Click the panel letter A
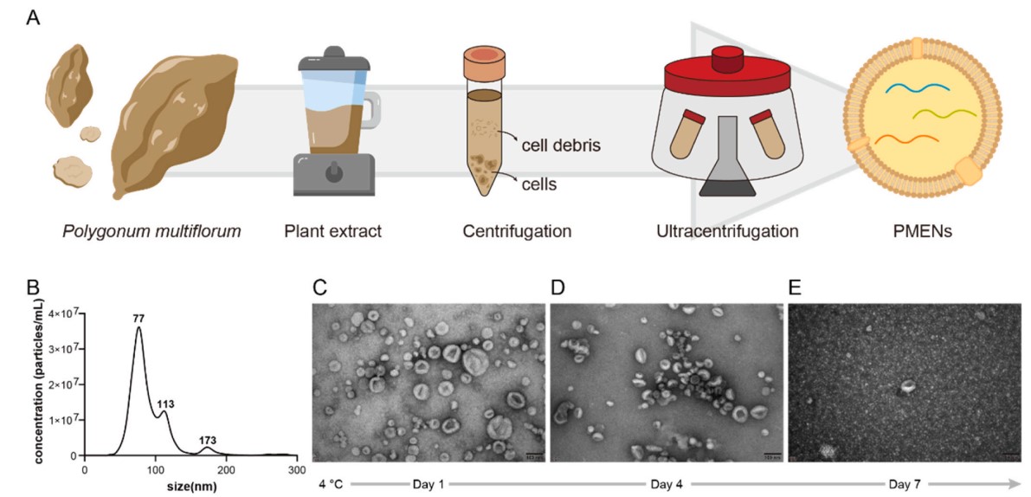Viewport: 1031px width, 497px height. [32, 17]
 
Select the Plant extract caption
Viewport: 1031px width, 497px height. [334, 231]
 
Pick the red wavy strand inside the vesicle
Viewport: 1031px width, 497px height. [905, 139]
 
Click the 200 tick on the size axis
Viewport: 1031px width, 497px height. [226, 469]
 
